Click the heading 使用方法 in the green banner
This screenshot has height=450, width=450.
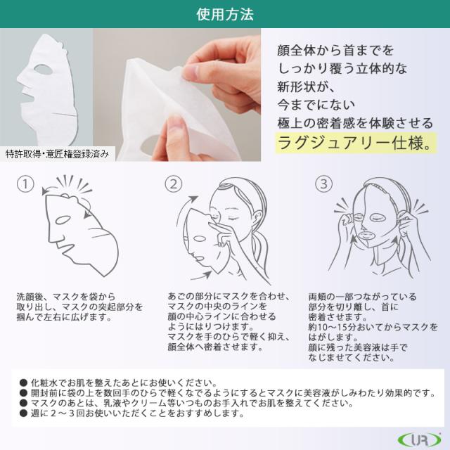coord(225,13)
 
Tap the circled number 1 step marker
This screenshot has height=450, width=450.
coord(25,184)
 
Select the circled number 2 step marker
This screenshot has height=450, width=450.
coord(174,184)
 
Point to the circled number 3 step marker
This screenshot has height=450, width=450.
coord(323,184)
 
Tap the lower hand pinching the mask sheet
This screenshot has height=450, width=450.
coord(172,127)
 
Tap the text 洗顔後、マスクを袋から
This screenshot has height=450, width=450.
coord(65,297)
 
